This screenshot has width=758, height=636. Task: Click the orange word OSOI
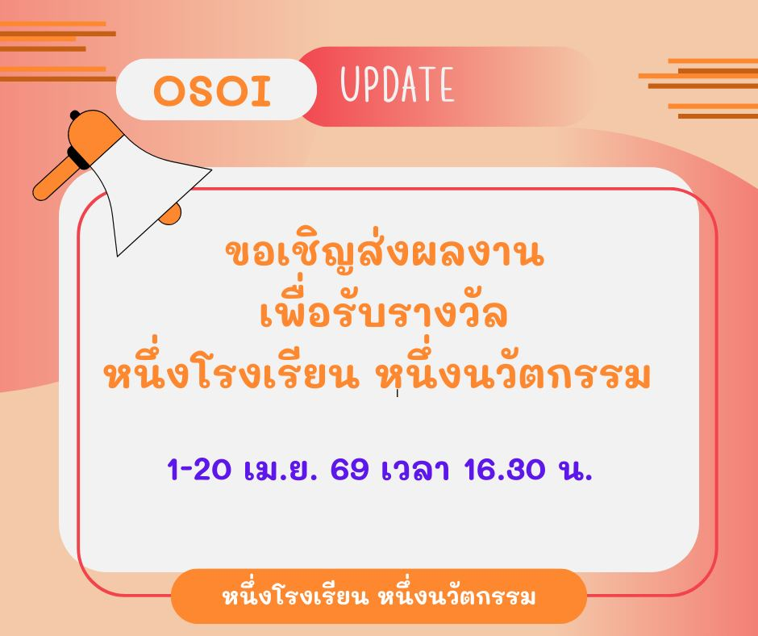212,91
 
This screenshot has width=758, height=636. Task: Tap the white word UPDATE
398,85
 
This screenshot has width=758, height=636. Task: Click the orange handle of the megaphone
54,179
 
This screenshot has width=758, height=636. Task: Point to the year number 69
349,469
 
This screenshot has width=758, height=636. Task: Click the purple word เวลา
416,469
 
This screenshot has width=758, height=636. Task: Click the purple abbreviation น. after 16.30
575,470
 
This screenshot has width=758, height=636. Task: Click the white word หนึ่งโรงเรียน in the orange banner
295,596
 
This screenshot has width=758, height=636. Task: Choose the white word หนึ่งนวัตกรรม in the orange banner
457,596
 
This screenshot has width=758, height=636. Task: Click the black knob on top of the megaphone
75,115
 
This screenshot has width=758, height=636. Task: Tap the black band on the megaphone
78,158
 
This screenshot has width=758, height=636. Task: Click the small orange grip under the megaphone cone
171,215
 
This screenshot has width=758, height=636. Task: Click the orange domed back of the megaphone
93,131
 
